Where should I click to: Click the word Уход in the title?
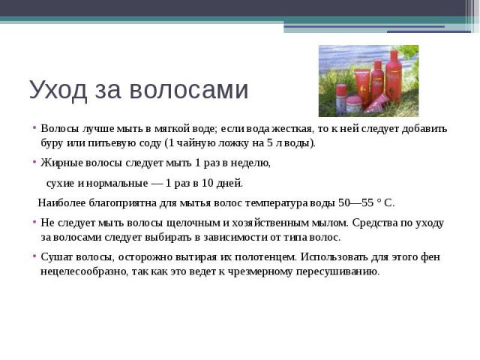[x=58, y=90]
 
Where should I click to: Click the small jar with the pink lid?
[x=354, y=104]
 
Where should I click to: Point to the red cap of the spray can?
[x=341, y=90]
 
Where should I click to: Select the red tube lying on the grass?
[x=376, y=103]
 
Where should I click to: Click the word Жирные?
[x=61, y=163]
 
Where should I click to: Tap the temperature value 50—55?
[x=356, y=202]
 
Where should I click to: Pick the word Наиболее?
[x=61, y=202]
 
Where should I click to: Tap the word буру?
[x=52, y=143]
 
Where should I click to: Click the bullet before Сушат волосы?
[x=34, y=256]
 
